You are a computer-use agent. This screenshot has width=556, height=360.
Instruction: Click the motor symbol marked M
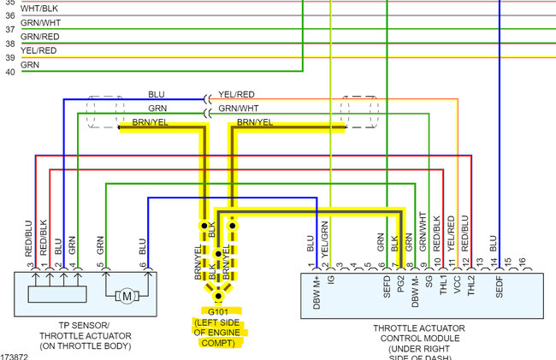[x=127, y=297]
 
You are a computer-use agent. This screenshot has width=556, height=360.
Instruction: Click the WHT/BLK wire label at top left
[x=38, y=8]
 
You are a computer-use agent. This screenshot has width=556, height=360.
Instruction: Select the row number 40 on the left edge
[x=9, y=72]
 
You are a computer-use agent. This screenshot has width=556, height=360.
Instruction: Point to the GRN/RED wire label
[x=40, y=37]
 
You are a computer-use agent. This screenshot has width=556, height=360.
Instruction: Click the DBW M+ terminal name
[x=317, y=291]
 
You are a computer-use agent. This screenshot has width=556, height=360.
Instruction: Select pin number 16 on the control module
[x=521, y=265]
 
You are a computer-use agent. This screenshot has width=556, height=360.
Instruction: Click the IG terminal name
[x=331, y=280]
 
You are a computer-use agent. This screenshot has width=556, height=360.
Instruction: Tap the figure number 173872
[x=15, y=355]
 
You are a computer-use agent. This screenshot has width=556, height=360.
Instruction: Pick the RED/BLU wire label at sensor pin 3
[x=28, y=239]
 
